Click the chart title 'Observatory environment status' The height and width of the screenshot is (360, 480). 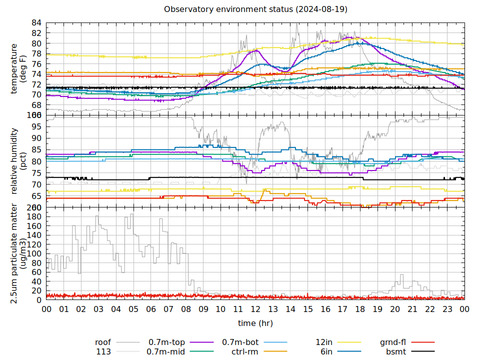[255, 9]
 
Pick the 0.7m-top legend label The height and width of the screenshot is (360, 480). [166, 342]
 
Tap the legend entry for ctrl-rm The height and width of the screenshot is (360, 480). [244, 351]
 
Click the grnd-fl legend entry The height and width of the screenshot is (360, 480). [392, 342]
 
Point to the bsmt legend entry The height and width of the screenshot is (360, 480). [395, 351]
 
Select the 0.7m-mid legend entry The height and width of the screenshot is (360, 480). [166, 351]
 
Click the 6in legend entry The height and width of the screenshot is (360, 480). [326, 351]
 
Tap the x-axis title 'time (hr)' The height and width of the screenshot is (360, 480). [255, 323]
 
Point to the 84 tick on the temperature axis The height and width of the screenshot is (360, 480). [36, 22]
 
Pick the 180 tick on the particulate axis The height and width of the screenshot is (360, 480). [34, 216]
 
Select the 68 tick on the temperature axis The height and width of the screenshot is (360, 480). [36, 105]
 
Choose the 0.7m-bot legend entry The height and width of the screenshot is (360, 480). [240, 342]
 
